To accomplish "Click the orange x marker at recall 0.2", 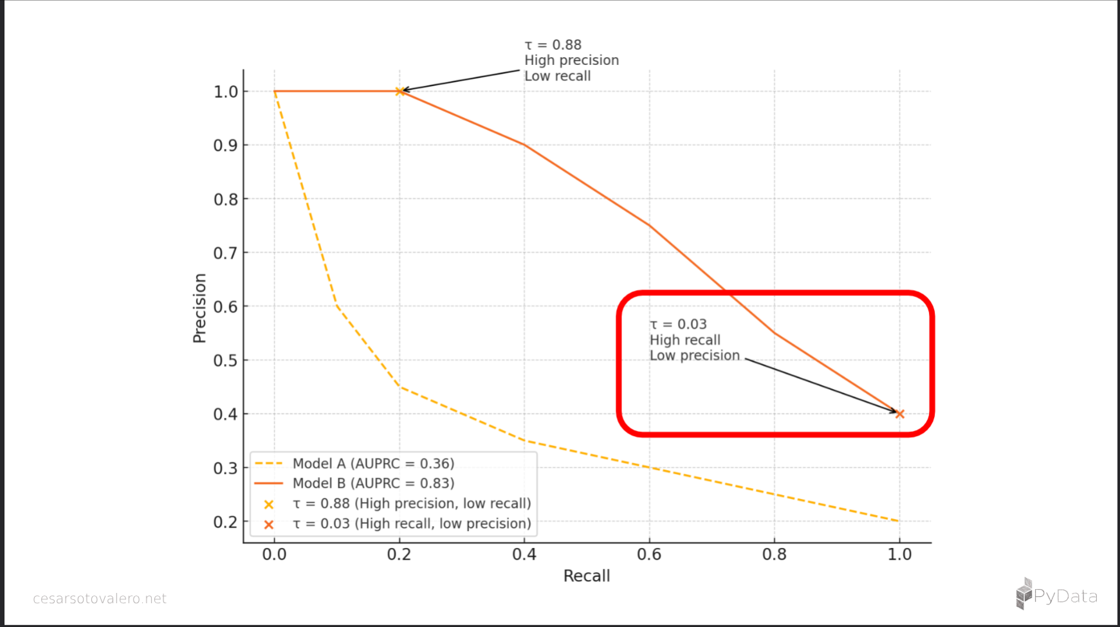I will tap(399, 91).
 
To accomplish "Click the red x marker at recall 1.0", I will tap(899, 414).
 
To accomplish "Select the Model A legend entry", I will tap(373, 464).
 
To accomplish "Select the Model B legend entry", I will tap(373, 484).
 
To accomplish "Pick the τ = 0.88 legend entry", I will tap(412, 504).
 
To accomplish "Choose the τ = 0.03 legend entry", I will tap(412, 523).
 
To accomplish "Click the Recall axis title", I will tap(586, 576).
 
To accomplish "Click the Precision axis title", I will tap(199, 308).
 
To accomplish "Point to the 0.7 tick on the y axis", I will tap(226, 253).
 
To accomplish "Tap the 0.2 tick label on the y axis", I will tap(226, 522).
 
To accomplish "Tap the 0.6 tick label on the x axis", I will tap(649, 554).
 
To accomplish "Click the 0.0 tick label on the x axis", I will tap(275, 554).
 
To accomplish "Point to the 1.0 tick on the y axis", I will tap(226, 91).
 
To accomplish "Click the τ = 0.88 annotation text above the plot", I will tap(553, 45).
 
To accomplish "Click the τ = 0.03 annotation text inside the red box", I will tap(678, 325).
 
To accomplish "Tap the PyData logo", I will tap(1056, 595).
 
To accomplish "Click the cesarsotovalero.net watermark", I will tap(100, 599).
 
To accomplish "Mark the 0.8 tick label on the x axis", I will tap(774, 554).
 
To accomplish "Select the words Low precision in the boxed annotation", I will tap(695, 356).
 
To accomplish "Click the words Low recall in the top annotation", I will tap(557, 76).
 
